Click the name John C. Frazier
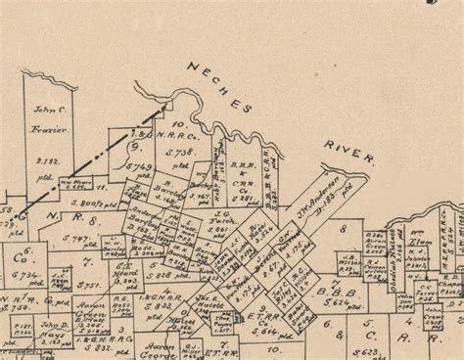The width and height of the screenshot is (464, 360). tap(47, 119)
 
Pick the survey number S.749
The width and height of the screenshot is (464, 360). tap(141, 168)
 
